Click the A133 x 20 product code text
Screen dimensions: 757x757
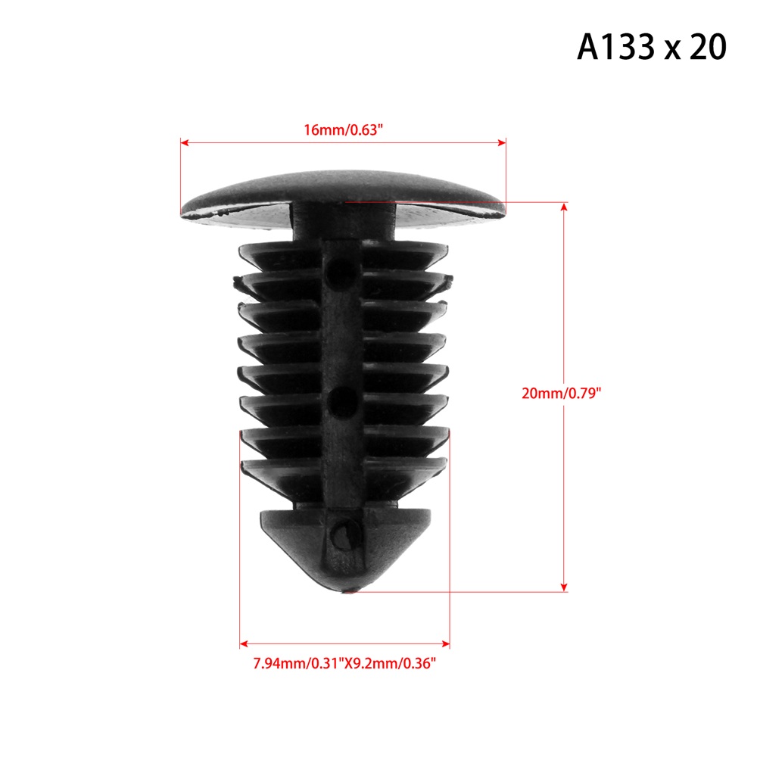click(x=651, y=47)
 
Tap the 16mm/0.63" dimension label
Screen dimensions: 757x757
click(x=343, y=130)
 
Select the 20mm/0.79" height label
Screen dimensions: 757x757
click(x=562, y=393)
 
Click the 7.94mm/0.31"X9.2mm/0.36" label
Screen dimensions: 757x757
click(x=344, y=663)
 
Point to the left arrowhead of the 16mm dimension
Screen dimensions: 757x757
click(x=184, y=142)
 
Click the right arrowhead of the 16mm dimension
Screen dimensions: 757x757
click(x=502, y=142)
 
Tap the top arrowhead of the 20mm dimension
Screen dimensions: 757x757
click(x=564, y=207)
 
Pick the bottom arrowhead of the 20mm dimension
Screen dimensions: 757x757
click(x=564, y=587)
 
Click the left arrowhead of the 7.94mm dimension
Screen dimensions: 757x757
click(x=244, y=643)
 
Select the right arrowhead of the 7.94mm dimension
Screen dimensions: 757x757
click(x=446, y=643)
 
